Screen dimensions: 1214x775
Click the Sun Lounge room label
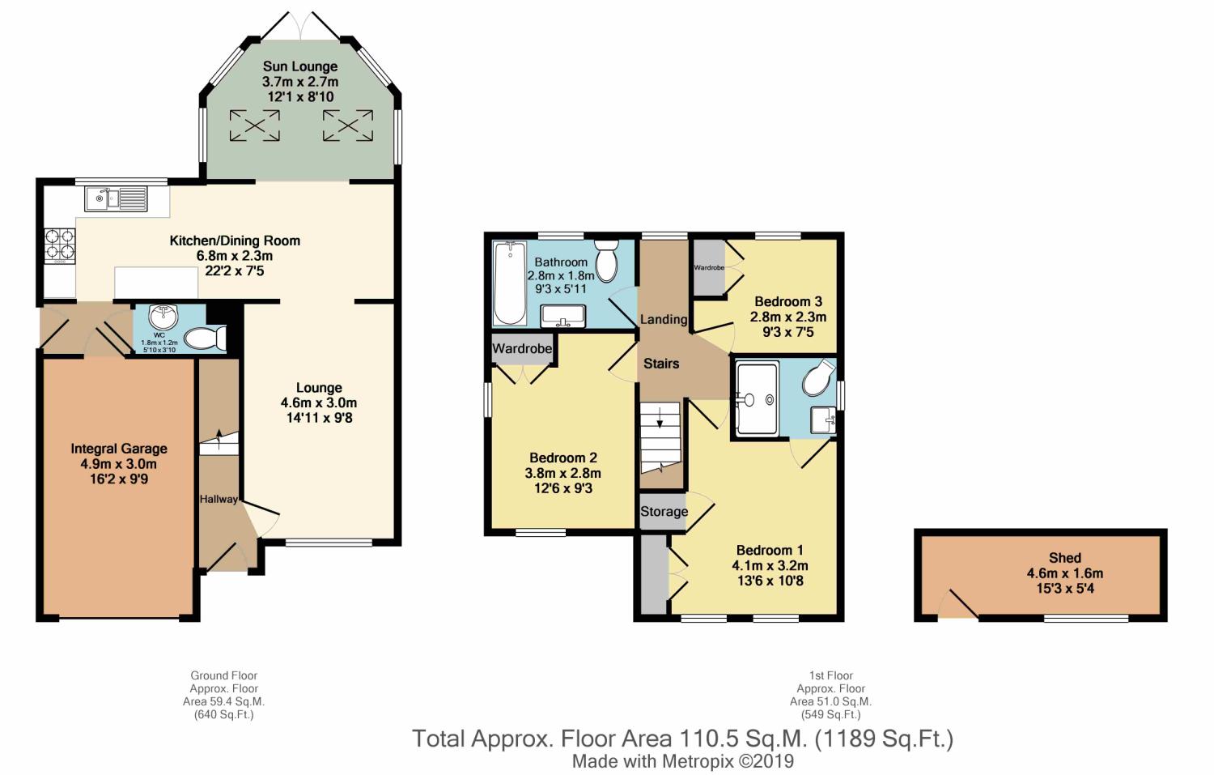(300, 66)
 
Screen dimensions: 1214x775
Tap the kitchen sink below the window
(116, 199)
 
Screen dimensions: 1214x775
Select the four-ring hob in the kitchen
(60, 245)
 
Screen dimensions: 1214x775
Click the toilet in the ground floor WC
(206, 339)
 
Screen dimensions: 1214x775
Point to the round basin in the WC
(163, 317)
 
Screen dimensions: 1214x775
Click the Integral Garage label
(119, 449)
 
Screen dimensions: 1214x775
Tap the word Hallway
(219, 500)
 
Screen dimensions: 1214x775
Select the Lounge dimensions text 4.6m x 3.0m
(319, 403)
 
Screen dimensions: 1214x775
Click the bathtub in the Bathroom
(509, 283)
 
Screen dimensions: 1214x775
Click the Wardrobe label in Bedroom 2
(522, 349)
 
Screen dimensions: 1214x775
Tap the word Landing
(664, 319)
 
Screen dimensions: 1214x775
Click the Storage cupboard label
(664, 512)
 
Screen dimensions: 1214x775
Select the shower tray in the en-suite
(757, 398)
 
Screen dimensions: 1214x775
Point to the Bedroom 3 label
(788, 301)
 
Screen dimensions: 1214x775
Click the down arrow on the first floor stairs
(660, 418)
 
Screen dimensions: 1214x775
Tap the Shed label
(1064, 557)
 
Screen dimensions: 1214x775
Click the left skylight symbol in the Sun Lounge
(255, 126)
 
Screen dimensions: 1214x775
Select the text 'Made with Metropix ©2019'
(683, 761)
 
